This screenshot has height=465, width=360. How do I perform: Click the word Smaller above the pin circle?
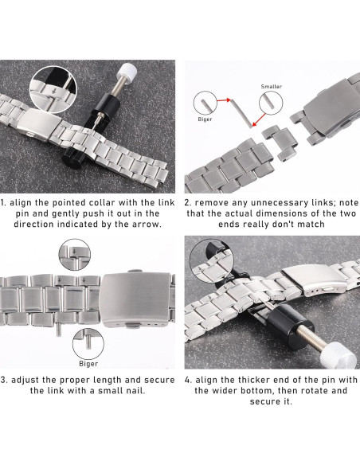click(271, 87)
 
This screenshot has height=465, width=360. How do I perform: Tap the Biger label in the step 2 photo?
click(205, 119)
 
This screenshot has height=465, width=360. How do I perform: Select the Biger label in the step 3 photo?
click(88, 364)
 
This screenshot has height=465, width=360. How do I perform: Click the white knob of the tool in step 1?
click(127, 72)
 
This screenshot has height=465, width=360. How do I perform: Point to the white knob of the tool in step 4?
click(338, 356)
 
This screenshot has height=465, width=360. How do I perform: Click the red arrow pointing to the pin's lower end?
click(259, 119)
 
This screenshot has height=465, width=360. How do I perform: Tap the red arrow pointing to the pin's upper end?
click(224, 100)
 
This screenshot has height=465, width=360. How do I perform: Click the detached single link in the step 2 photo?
click(280, 142)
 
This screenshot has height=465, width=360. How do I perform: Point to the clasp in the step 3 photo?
click(136, 299)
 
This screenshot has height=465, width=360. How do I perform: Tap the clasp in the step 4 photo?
click(315, 279)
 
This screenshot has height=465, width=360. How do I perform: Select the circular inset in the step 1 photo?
click(54, 90)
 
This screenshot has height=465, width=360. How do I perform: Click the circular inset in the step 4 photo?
click(211, 261)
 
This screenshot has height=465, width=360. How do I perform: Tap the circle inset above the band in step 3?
click(74, 255)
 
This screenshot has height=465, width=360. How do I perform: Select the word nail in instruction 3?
click(136, 391)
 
